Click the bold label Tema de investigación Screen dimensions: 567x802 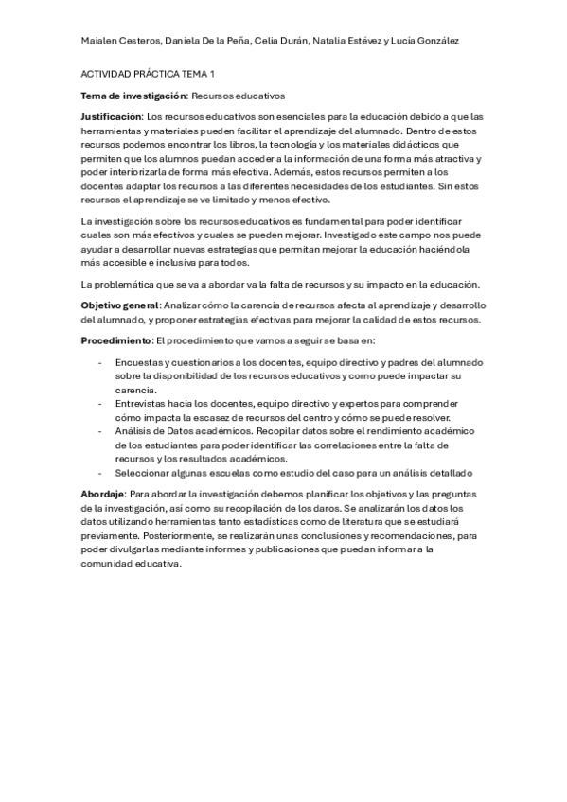tap(134, 96)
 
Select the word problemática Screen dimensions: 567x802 tap(135, 285)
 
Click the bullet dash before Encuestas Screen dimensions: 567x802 tap(100, 363)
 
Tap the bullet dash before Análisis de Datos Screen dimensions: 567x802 tap(100, 430)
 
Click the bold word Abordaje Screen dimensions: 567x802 tap(103, 495)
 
